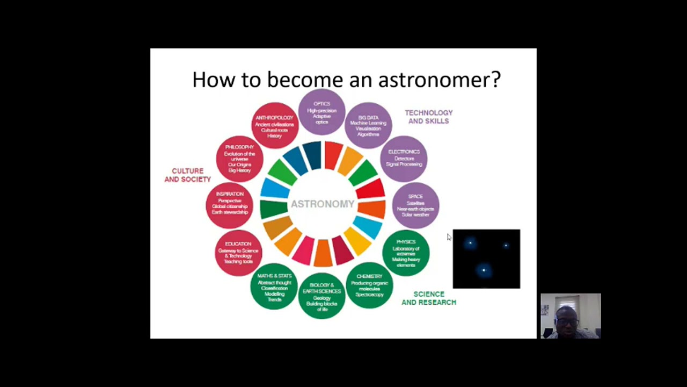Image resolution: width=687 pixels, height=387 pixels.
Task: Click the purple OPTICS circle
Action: tap(321, 112)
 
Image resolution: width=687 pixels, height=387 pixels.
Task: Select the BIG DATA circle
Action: tap(368, 126)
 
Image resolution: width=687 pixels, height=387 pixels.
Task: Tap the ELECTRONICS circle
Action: tap(404, 159)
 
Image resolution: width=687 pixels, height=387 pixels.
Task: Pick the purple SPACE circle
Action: tap(415, 206)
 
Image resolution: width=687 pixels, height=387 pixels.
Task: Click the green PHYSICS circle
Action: tap(406, 253)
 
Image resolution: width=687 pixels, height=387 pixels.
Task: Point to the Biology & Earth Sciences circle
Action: tap(322, 297)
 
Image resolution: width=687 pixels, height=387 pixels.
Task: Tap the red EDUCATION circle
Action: tap(238, 253)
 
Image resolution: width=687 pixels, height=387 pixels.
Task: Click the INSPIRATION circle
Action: tap(230, 204)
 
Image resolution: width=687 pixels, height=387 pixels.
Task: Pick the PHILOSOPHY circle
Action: tap(239, 159)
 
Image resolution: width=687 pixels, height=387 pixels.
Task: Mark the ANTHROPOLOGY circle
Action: tap(274, 126)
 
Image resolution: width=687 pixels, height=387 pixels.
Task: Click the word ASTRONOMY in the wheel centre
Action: tap(323, 204)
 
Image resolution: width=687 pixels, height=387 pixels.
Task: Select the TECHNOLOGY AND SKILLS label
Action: tap(428, 117)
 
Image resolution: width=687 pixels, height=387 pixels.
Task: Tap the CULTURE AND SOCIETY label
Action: tap(187, 175)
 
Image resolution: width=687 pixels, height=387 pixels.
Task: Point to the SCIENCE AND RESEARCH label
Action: tap(429, 298)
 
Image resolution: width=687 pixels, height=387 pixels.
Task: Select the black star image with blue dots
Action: tap(486, 259)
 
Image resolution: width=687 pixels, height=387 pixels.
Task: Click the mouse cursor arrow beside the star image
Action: tap(449, 237)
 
